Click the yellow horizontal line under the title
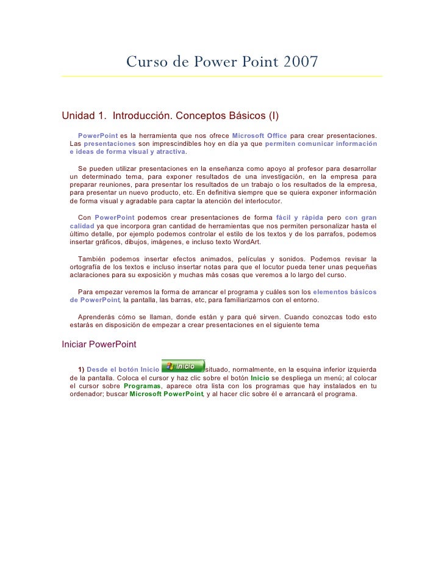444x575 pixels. coord(222,77)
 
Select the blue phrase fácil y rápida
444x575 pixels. coord(299,217)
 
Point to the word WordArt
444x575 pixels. coord(244,242)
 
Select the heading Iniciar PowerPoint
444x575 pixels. coord(99,344)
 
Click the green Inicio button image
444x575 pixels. coord(183,366)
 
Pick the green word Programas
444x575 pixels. coord(141,386)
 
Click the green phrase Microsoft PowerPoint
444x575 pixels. coord(166,394)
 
